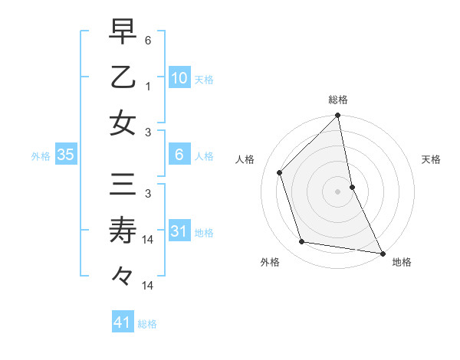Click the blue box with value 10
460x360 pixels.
point(179,77)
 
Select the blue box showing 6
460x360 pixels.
point(179,155)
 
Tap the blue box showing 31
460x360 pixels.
point(179,231)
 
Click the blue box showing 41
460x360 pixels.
point(123,322)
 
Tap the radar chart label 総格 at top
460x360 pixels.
point(338,100)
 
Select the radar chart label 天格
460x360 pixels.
point(432,159)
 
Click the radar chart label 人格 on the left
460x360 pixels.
point(245,159)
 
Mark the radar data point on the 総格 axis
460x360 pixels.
point(338,116)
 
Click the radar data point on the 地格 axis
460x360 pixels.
point(381,253)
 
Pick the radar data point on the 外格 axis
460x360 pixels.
point(302,242)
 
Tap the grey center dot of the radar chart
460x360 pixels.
point(338,191)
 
